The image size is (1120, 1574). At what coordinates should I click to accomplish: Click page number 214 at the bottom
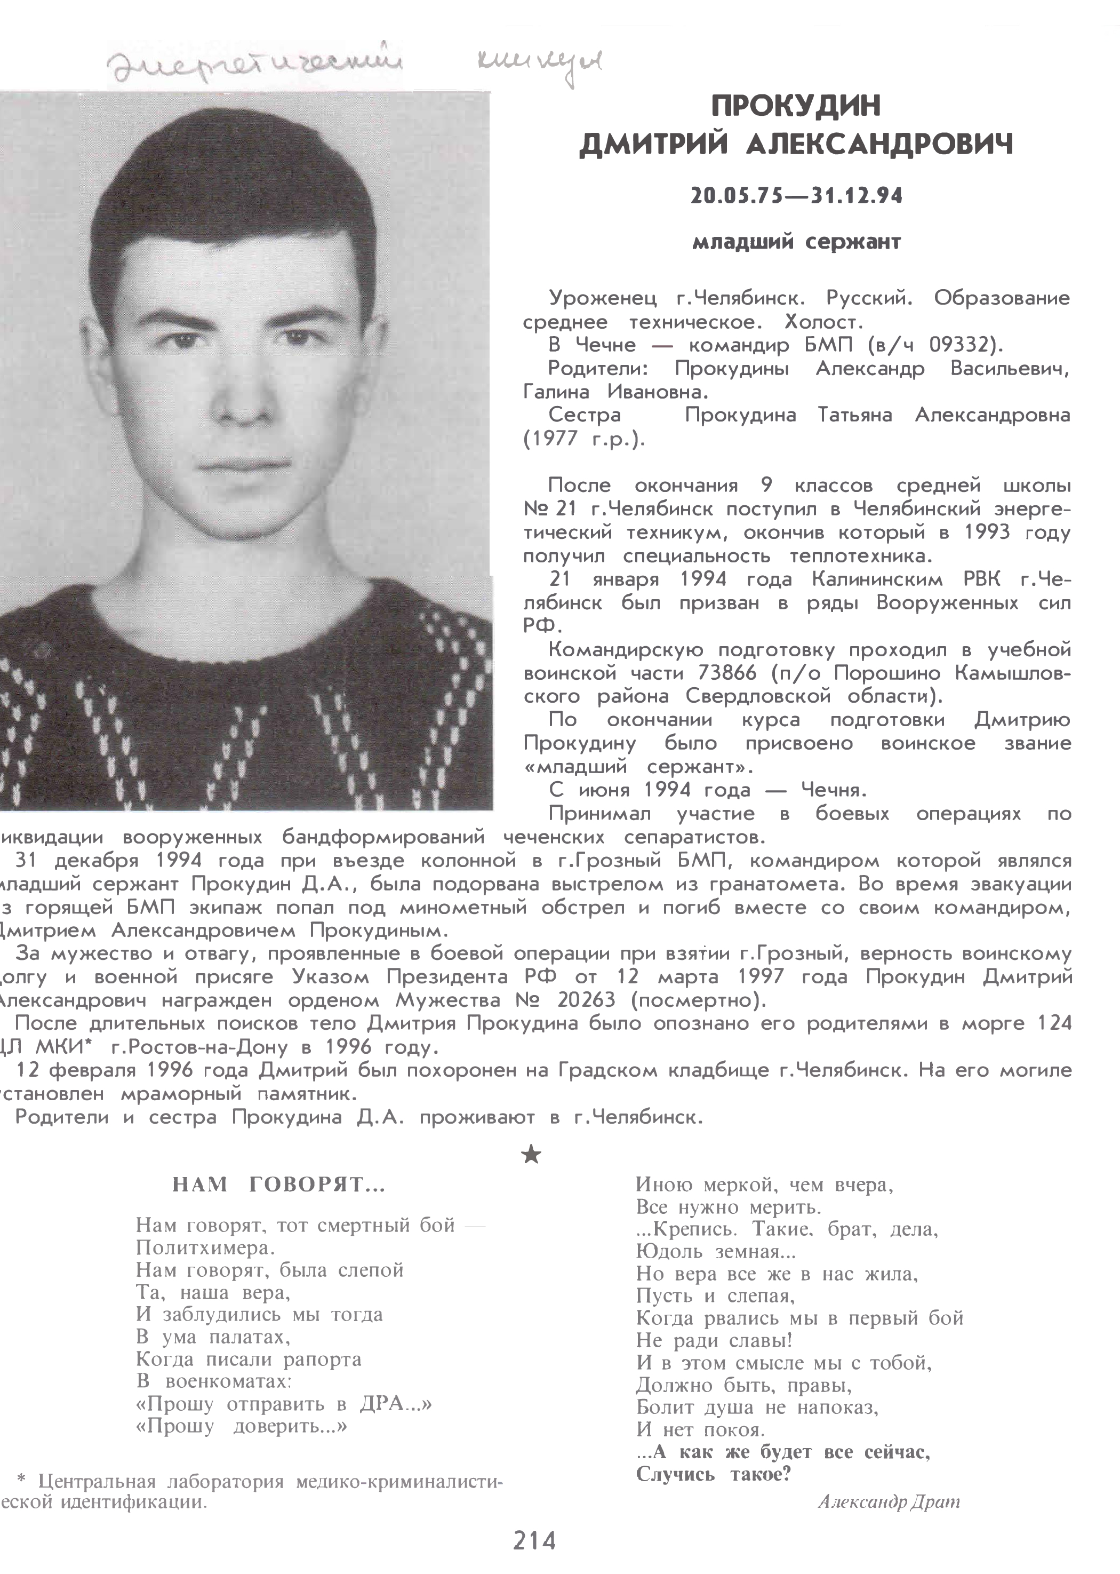tap(534, 1540)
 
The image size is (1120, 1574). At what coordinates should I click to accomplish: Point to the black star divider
tap(531, 1154)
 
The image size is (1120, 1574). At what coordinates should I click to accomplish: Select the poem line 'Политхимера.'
tap(205, 1248)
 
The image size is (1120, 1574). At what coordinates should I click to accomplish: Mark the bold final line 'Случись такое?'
tap(713, 1475)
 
